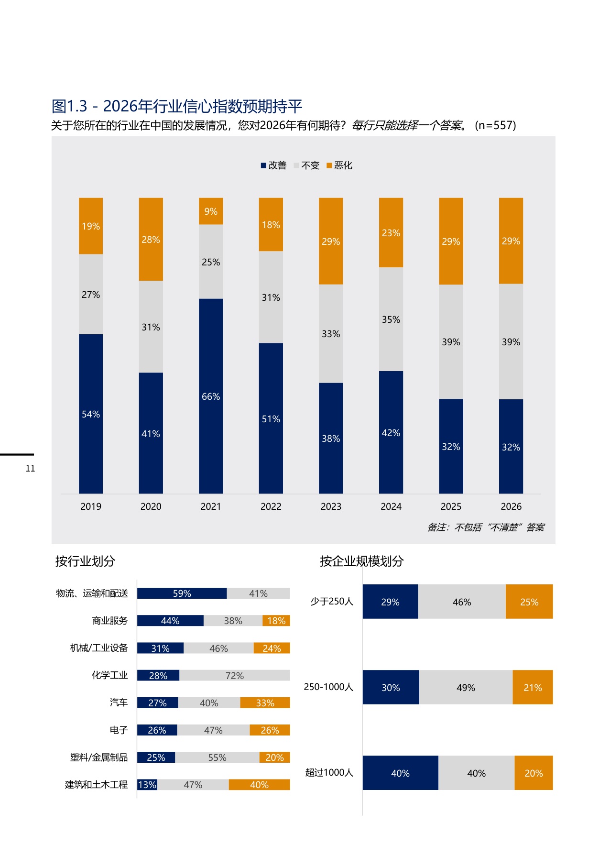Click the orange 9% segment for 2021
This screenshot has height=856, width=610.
coord(211,211)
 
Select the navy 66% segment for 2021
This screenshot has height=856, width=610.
coord(211,396)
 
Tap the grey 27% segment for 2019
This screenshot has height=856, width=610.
coord(91,294)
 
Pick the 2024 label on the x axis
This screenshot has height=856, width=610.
coord(391,506)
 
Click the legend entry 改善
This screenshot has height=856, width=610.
coord(273,165)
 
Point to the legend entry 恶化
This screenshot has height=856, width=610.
coord(339,165)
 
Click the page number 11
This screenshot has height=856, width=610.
coord(30,469)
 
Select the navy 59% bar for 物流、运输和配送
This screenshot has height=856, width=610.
coord(182,593)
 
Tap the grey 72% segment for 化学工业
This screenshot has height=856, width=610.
coord(235,675)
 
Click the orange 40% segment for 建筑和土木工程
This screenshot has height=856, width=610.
coord(259,785)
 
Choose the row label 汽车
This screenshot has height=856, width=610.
coord(119,702)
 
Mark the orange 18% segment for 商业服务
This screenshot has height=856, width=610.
coord(276,621)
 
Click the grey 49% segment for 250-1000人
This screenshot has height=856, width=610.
coord(466,687)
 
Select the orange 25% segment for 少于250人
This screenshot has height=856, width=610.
coord(529,602)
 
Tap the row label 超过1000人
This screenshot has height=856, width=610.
coord(329,772)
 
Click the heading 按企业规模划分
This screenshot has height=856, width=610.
coord(361,561)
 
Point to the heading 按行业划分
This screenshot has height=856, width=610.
coord(85,561)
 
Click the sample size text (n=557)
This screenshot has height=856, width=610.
coord(495,125)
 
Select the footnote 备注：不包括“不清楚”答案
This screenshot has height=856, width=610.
coord(486,527)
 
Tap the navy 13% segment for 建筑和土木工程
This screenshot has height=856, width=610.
coord(147,785)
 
